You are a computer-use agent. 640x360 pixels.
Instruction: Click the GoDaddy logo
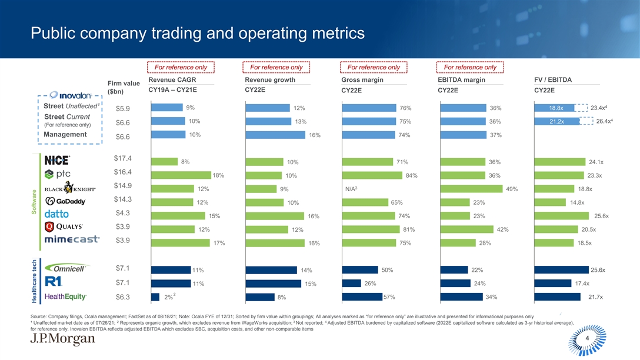[65, 201]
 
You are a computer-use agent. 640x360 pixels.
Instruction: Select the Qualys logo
[65, 227]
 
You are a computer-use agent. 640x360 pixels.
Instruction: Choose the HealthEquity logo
[66, 296]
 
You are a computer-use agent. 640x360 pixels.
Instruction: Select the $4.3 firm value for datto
[123, 213]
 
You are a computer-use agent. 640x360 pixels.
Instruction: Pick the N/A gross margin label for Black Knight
[354, 189]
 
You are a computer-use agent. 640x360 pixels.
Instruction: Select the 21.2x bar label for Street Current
[556, 122]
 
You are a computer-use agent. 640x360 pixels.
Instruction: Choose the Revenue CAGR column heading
[172, 80]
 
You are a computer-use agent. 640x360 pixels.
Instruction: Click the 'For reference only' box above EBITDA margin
[469, 68]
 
